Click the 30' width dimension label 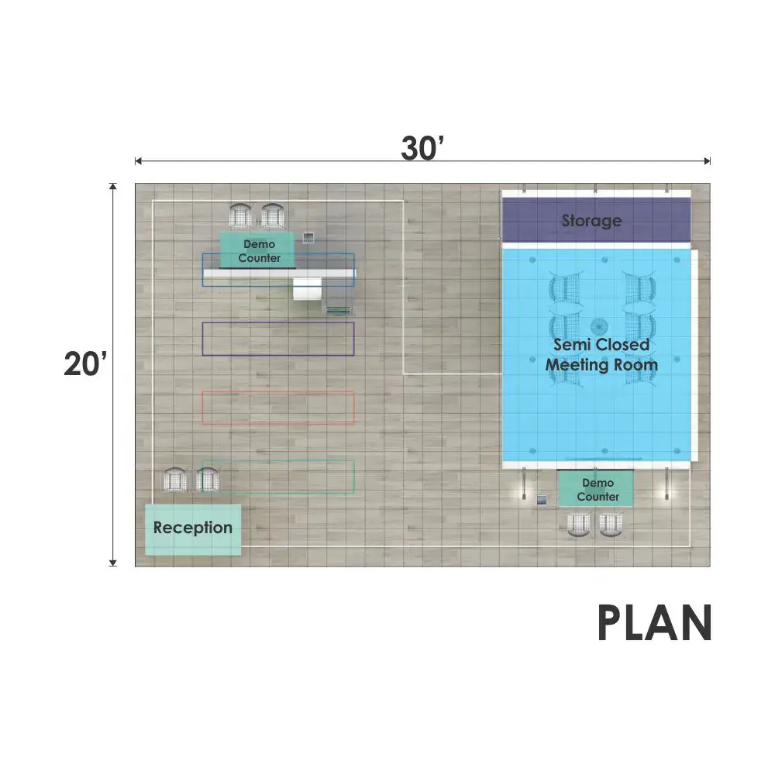pyautogui.click(x=422, y=148)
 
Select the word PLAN pyautogui.click(x=654, y=623)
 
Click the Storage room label pyautogui.click(x=591, y=220)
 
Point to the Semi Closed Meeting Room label pyautogui.click(x=601, y=355)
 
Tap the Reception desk pyautogui.click(x=193, y=529)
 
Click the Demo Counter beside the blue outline pyautogui.click(x=257, y=250)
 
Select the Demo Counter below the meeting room pyautogui.click(x=595, y=489)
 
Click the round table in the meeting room pyautogui.click(x=599, y=327)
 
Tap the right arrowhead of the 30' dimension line pyautogui.click(x=708, y=160)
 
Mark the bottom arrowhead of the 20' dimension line pyautogui.click(x=112, y=563)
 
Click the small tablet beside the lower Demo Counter pyautogui.click(x=542, y=500)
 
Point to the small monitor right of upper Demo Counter pyautogui.click(x=308, y=238)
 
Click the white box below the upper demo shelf pyautogui.click(x=308, y=288)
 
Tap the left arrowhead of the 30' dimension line pyautogui.click(x=138, y=160)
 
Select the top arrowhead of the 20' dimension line pyautogui.click(x=112, y=186)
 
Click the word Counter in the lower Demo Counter pyautogui.click(x=598, y=497)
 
